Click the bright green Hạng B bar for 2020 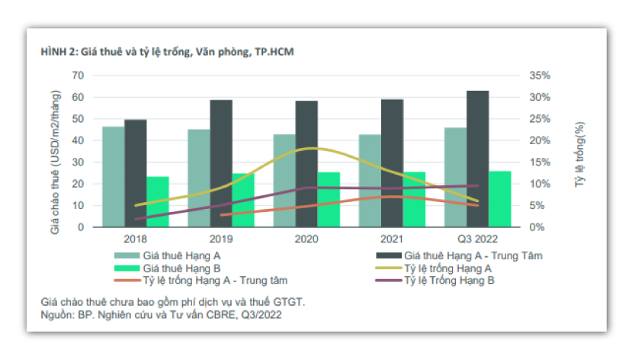[x=329, y=199]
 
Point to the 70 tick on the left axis [x=78, y=76]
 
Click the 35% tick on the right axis [x=538, y=76]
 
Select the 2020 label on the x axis [x=306, y=239]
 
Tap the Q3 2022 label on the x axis [x=477, y=239]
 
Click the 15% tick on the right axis [x=538, y=162]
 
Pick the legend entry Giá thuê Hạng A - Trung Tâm [x=473, y=256]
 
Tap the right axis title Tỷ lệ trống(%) [x=580, y=151]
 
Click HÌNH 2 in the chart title [x=58, y=52]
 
